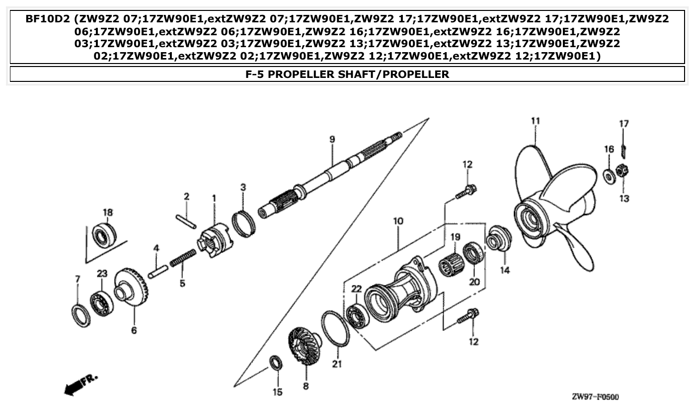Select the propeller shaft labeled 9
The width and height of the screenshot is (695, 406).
328,174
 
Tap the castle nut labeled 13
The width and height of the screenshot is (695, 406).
620,171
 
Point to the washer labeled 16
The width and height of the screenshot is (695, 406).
607,175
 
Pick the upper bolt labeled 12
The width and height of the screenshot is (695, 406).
466,192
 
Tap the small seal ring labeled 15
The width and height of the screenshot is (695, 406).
276,363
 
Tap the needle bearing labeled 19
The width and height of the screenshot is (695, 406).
451,263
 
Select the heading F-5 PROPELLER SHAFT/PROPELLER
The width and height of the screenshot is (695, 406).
347,74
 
